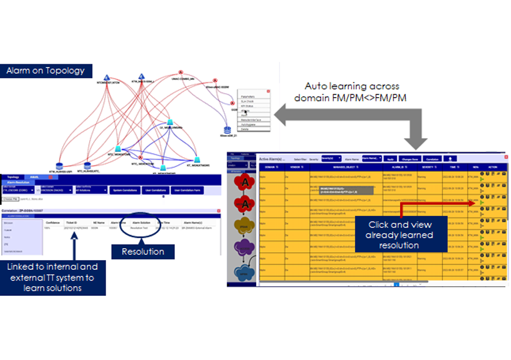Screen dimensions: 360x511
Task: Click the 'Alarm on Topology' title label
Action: pyautogui.click(x=45, y=71)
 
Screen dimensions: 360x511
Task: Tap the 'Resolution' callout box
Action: pyautogui.click(x=144, y=251)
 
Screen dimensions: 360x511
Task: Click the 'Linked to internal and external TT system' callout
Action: pyautogui.click(x=53, y=277)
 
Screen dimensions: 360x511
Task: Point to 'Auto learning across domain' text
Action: pyautogui.click(x=352, y=92)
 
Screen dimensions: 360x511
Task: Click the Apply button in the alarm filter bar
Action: pyautogui.click(x=390, y=158)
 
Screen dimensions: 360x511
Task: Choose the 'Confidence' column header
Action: pyautogui.click(x=52, y=223)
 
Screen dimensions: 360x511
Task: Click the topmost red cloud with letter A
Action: pyautogui.click(x=245, y=182)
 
